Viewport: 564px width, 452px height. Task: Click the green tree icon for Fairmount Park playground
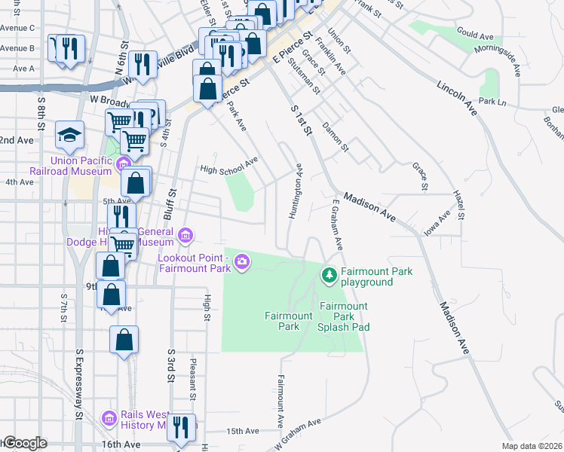(329, 276)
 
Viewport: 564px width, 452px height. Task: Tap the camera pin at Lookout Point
(241, 262)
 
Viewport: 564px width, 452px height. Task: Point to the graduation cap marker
(69, 136)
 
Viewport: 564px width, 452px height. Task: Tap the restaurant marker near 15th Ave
(180, 428)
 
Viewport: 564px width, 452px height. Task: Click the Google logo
(24, 443)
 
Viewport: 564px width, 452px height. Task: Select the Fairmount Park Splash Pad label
(342, 316)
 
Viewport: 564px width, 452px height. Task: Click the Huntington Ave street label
(295, 192)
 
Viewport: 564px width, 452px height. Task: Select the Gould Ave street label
(474, 36)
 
